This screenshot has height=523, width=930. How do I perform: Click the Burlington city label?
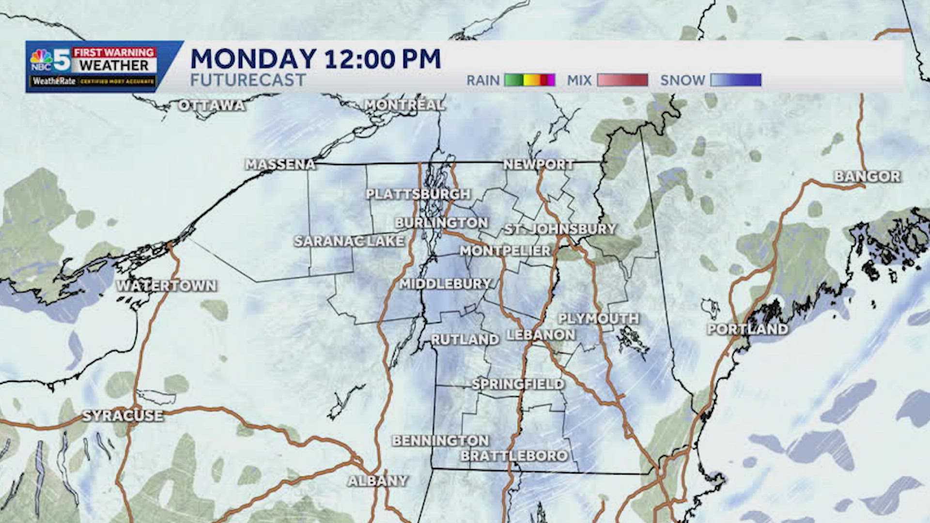pyautogui.click(x=441, y=223)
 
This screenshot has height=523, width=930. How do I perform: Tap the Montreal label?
pyautogui.click(x=404, y=105)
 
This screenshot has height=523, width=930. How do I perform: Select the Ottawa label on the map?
pyautogui.click(x=211, y=105)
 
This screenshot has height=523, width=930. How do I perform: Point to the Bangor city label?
pyautogui.click(x=867, y=176)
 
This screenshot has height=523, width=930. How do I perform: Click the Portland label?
pyautogui.click(x=747, y=329)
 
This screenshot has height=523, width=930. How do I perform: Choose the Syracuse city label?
pyautogui.click(x=123, y=415)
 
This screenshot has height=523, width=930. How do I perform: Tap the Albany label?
pyautogui.click(x=378, y=481)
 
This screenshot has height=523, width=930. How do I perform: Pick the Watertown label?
pyautogui.click(x=166, y=286)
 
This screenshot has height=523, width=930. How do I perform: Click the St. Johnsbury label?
pyautogui.click(x=560, y=229)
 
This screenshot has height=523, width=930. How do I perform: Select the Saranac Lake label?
pyautogui.click(x=349, y=241)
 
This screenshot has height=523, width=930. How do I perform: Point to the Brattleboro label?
pyautogui.click(x=514, y=456)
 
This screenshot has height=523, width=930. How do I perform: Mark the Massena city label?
pyautogui.click(x=280, y=165)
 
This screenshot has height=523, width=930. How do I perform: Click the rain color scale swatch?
pyautogui.click(x=529, y=80)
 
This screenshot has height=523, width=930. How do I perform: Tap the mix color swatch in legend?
pyautogui.click(x=622, y=80)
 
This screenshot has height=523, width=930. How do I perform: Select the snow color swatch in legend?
pyautogui.click(x=736, y=80)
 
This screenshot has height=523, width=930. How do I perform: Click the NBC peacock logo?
pyautogui.click(x=41, y=59)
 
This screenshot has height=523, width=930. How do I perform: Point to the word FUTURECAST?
pyautogui.click(x=248, y=80)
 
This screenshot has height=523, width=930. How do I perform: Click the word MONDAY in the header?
pyautogui.click(x=253, y=59)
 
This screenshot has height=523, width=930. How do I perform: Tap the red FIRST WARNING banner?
pyautogui.click(x=114, y=52)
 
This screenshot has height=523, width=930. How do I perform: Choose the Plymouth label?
pyautogui.click(x=599, y=319)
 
